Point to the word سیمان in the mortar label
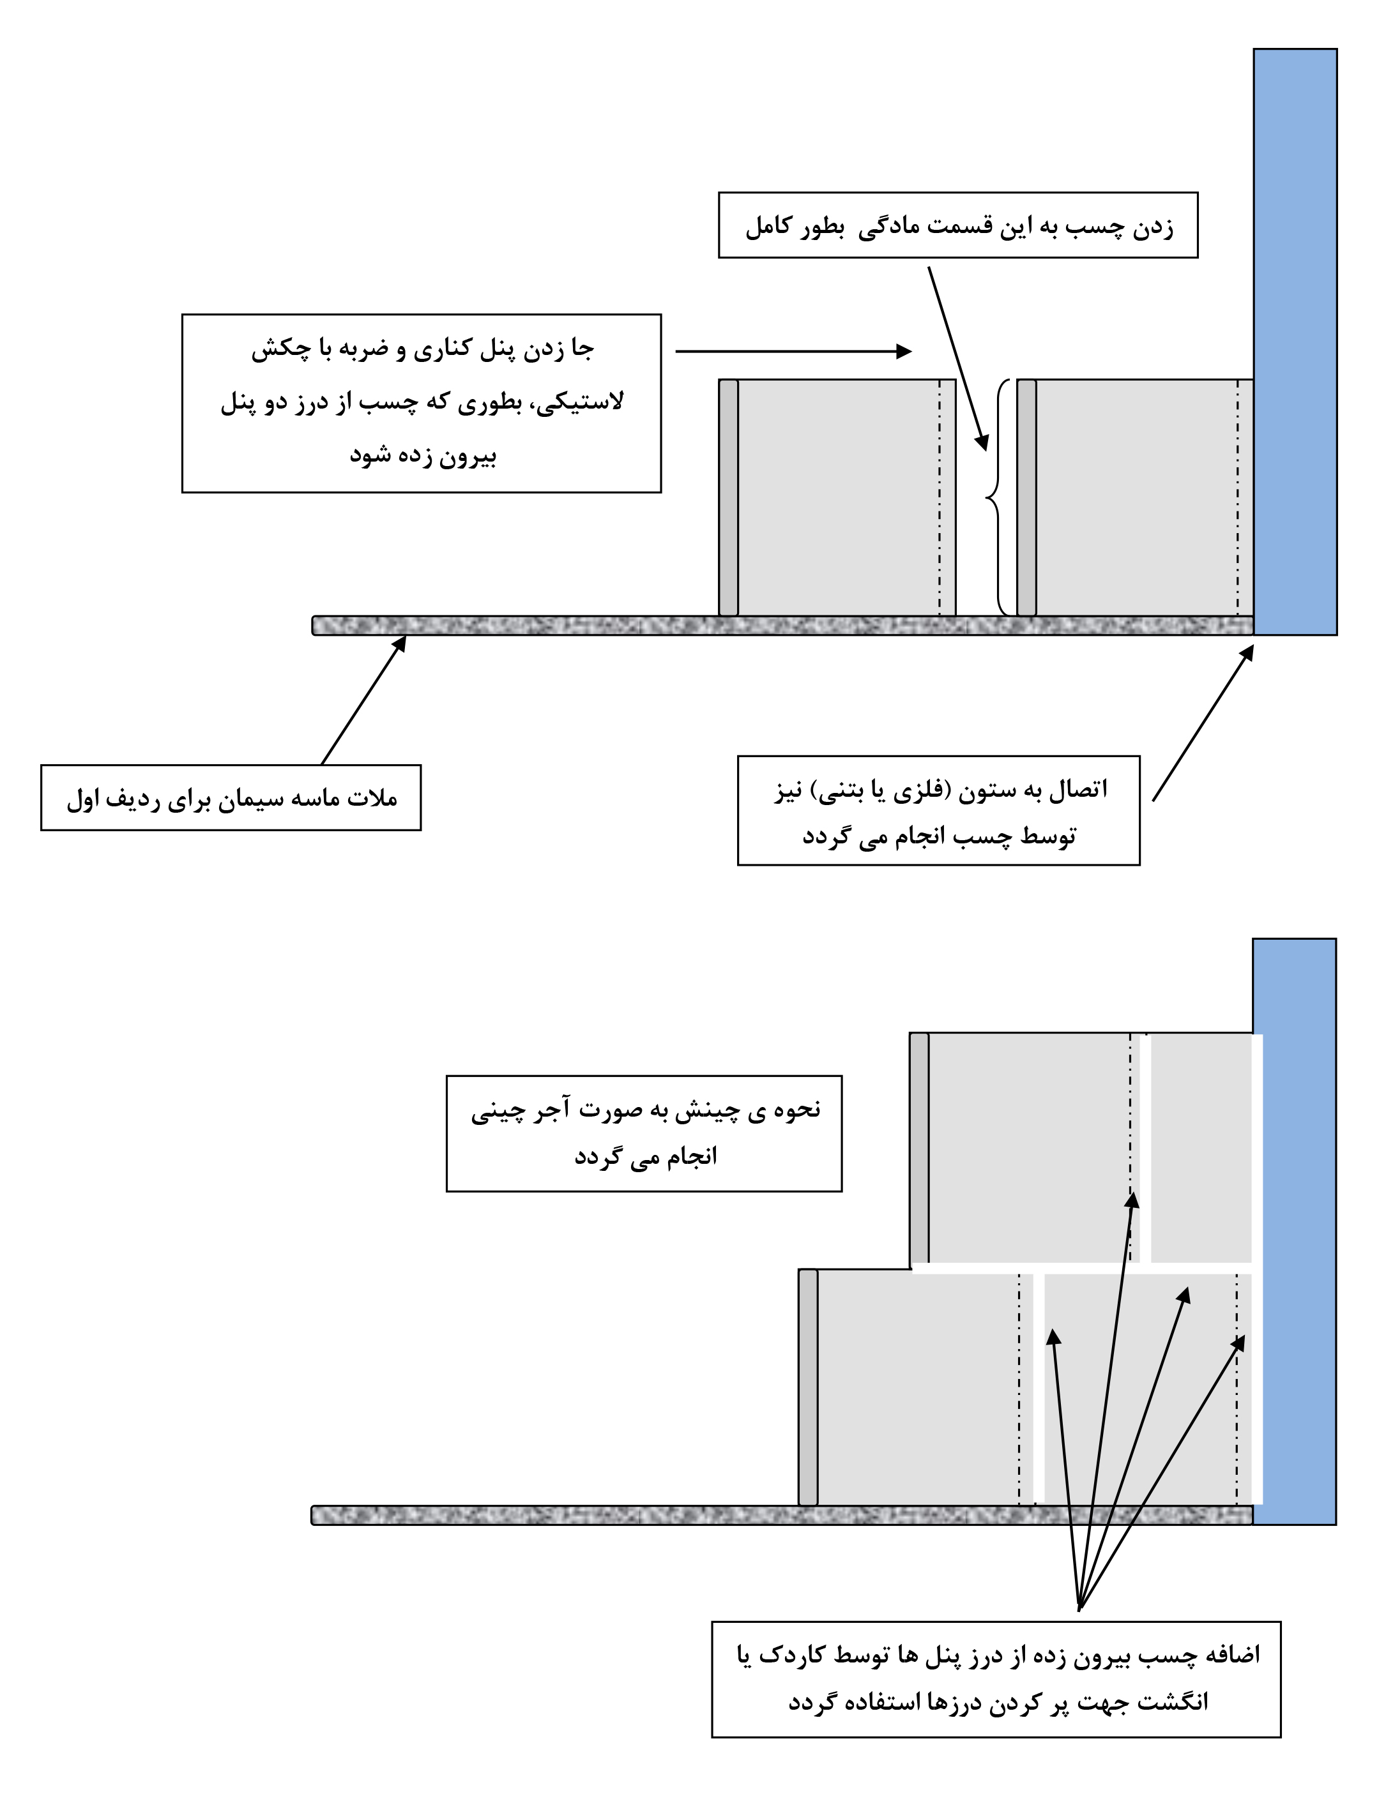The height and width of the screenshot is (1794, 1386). coord(255,799)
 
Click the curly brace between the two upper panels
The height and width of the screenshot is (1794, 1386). coord(996,497)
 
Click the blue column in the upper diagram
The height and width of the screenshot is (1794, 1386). coord(1295,342)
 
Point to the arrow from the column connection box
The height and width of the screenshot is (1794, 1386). coord(1203,722)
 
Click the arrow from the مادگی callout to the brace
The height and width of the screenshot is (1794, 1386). coord(958,359)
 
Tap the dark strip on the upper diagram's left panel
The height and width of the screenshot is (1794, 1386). coord(729,497)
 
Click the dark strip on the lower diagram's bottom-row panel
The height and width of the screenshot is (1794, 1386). coord(809,1387)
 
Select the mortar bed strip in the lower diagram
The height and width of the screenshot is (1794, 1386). coord(782,1516)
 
